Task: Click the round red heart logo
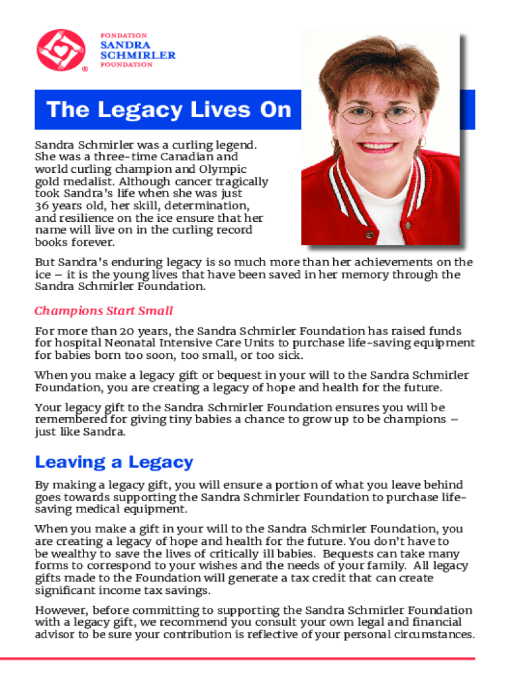(x=61, y=50)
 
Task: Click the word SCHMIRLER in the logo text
(x=138, y=55)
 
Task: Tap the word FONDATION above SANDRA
(x=123, y=35)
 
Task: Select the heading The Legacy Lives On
(x=169, y=109)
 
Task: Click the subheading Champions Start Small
(x=103, y=311)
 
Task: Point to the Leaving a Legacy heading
(x=114, y=461)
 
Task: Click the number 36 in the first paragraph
(x=42, y=206)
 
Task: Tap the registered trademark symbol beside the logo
(x=84, y=68)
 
